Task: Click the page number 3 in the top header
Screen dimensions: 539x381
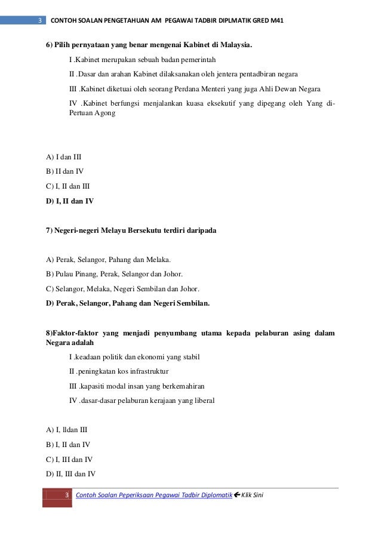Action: pyautogui.click(x=39, y=21)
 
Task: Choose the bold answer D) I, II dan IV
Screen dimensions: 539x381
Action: pyautogui.click(x=70, y=201)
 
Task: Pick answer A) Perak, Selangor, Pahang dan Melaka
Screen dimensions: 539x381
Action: pyautogui.click(x=108, y=260)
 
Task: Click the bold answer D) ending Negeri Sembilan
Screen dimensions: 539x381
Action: pyautogui.click(x=128, y=303)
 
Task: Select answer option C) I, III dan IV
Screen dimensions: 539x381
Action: pyautogui.click(x=69, y=459)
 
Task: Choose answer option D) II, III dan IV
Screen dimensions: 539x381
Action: pyautogui.click(x=70, y=474)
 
